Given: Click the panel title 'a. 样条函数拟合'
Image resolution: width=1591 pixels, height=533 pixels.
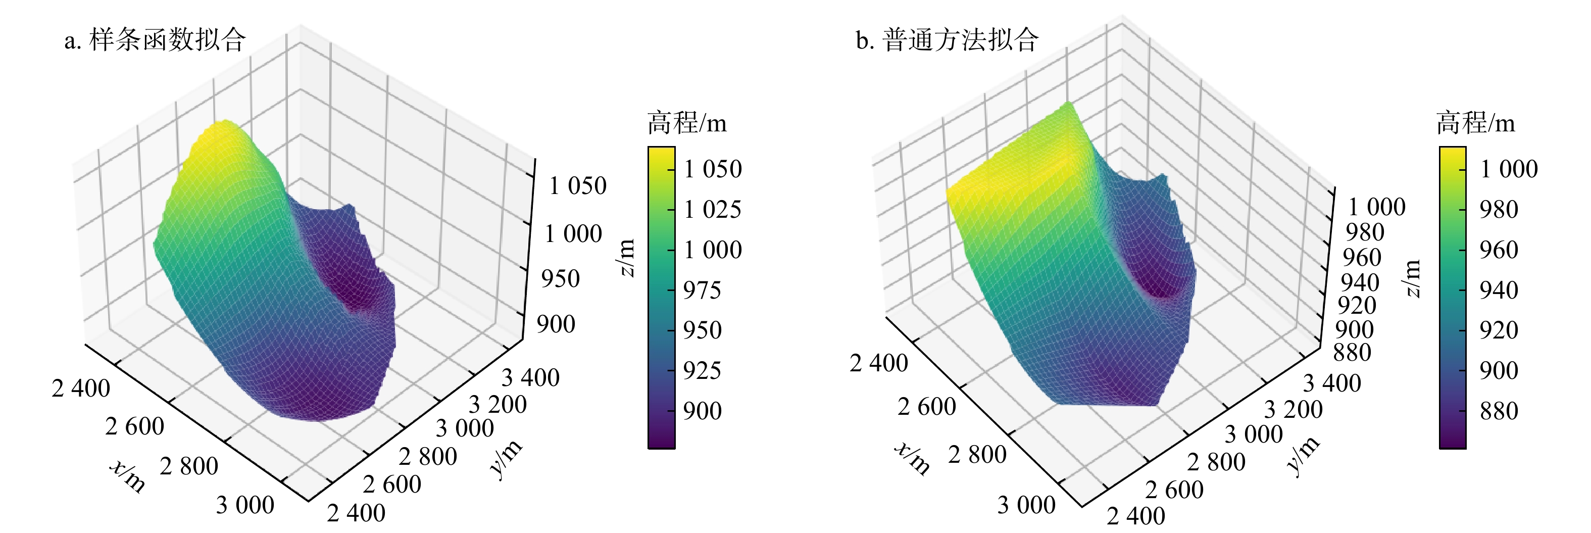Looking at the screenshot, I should (x=155, y=40).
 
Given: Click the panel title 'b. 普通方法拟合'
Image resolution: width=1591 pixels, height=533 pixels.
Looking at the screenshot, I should (x=947, y=40).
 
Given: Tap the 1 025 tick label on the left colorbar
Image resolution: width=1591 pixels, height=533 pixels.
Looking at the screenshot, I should (x=712, y=209).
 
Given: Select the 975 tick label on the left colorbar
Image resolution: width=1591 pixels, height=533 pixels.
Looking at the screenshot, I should (x=702, y=289).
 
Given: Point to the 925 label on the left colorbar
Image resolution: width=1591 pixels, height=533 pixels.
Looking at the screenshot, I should (x=702, y=370).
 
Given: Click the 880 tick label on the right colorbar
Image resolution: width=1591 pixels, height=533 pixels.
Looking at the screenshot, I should (x=1499, y=411).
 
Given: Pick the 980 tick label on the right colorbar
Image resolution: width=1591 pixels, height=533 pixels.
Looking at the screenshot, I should (x=1499, y=209).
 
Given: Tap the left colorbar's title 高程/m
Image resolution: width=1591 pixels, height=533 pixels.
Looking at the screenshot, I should (x=687, y=123).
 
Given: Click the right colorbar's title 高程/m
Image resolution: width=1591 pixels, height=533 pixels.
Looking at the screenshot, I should (x=1475, y=123).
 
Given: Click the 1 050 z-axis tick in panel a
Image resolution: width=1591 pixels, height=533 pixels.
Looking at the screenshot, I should (x=577, y=185).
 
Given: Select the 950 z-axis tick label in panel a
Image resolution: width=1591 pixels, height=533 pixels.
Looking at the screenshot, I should (x=560, y=278).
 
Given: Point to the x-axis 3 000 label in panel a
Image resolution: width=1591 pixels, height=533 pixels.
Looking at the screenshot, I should (x=245, y=505).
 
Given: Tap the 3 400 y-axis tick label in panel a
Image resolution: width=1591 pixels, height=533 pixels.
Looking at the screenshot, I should (x=530, y=377).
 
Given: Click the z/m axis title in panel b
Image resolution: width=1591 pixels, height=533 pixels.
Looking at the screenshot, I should (x=1412, y=278).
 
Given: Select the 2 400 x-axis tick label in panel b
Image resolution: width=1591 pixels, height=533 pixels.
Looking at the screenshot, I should (x=878, y=363).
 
